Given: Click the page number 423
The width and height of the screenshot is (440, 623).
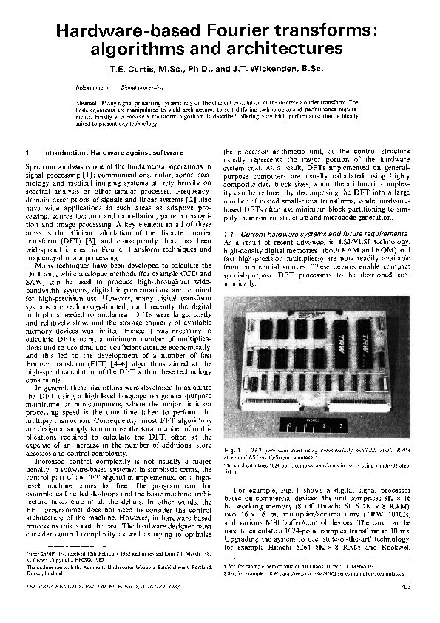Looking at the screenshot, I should [405, 607].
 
